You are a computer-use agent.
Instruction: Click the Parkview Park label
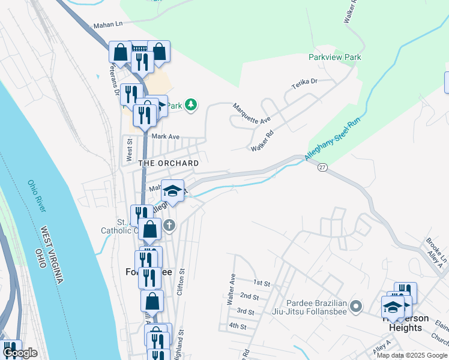coord(335,57)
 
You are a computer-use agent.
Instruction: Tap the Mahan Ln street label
coord(107,25)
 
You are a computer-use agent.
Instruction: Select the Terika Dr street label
coord(304,84)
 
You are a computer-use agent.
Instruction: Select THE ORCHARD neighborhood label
coord(169,163)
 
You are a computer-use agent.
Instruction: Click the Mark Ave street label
coord(166,136)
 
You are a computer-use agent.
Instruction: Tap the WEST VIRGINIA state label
coord(52,256)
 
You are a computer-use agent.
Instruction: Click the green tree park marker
coord(191,106)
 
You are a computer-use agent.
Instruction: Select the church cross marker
coord(169,226)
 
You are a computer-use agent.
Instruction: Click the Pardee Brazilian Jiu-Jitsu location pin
coord(356,306)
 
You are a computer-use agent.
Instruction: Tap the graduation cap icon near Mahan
coord(172,191)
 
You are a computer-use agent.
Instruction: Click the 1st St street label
coord(262,282)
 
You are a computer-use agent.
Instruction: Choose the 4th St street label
coord(238,326)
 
